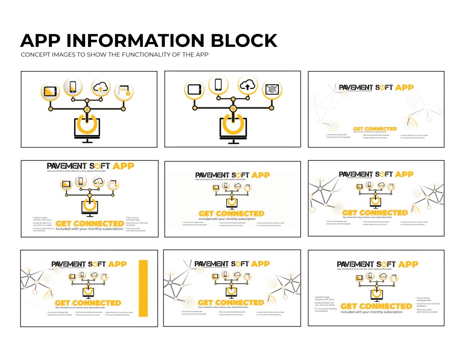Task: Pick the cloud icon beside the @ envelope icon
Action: click(247, 85)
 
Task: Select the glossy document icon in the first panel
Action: click(123, 91)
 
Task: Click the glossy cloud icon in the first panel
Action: click(100, 86)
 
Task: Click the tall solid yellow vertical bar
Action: click(144, 288)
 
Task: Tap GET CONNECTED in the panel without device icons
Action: click(375, 129)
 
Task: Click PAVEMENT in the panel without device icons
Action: click(355, 87)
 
